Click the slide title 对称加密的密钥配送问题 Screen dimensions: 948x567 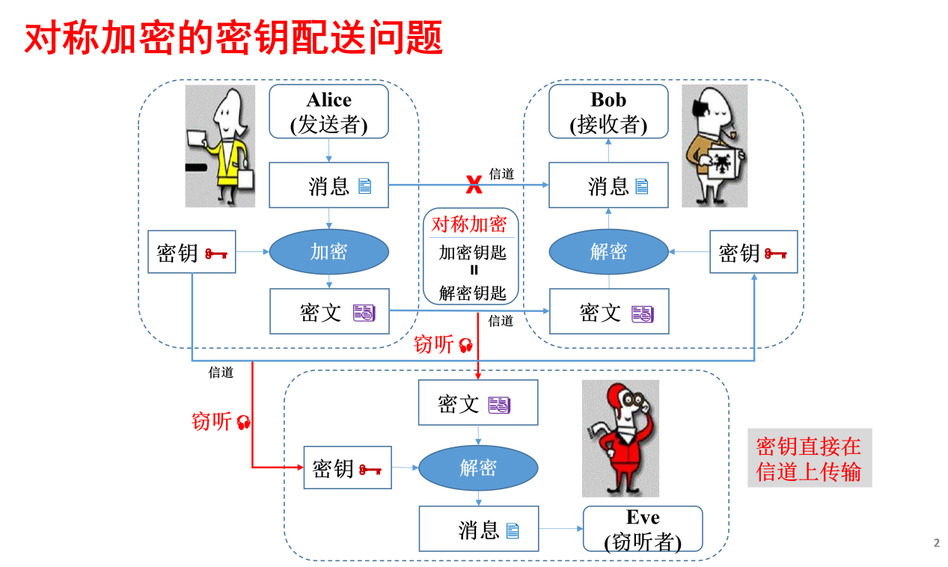(233, 37)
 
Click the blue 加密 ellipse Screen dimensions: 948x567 (329, 251)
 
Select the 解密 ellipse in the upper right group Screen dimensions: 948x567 (608, 251)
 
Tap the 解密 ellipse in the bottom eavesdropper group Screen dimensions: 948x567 (478, 468)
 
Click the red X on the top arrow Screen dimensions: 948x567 (474, 183)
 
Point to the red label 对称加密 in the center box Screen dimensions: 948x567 (469, 224)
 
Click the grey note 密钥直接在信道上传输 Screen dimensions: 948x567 (809, 459)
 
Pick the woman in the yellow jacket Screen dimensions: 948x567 (221, 146)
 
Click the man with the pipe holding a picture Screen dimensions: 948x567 (715, 146)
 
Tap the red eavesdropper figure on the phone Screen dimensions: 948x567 (620, 438)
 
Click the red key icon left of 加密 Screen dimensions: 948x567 (216, 254)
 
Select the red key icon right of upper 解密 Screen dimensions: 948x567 (775, 254)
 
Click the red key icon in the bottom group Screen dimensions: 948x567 (370, 470)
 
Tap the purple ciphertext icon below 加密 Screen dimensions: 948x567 (364, 313)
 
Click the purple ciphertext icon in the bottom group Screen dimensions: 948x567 (499, 405)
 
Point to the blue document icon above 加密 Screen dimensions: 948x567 (364, 186)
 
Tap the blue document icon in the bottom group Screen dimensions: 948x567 (513, 531)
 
